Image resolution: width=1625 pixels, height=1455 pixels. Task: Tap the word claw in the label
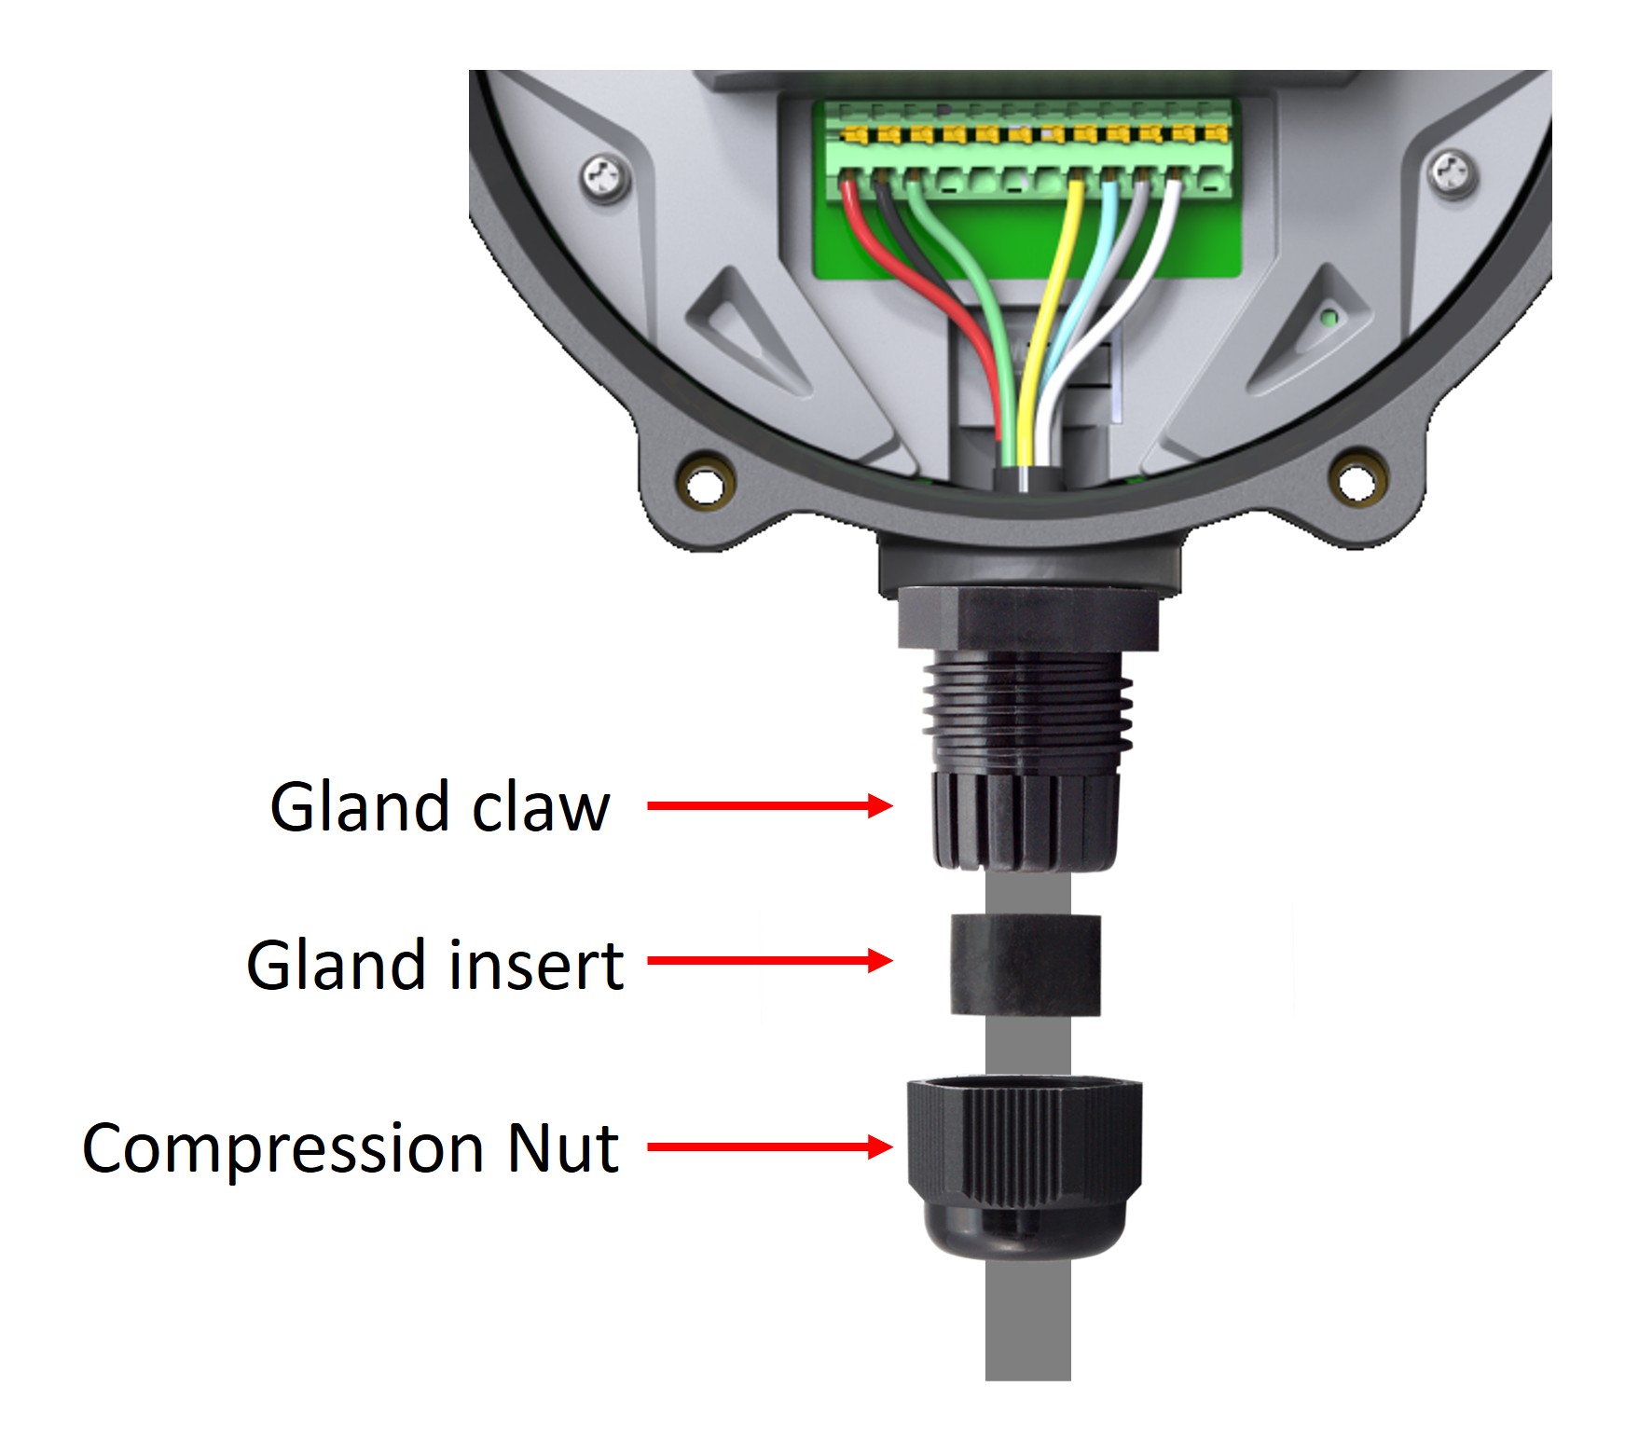coord(541,807)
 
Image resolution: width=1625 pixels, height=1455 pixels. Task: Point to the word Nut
coord(561,1147)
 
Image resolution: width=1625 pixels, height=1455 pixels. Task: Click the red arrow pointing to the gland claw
coord(769,805)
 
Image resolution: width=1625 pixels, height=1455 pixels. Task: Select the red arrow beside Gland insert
coord(769,960)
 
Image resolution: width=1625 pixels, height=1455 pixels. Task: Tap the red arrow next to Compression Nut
coord(769,1146)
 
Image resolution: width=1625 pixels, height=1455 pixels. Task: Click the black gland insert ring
coord(1025,965)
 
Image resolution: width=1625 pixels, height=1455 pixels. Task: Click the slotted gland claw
coord(1025,820)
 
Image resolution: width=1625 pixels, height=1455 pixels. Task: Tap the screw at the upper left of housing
coord(604,174)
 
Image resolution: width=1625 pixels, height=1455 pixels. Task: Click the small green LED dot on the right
coord(1329,318)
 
